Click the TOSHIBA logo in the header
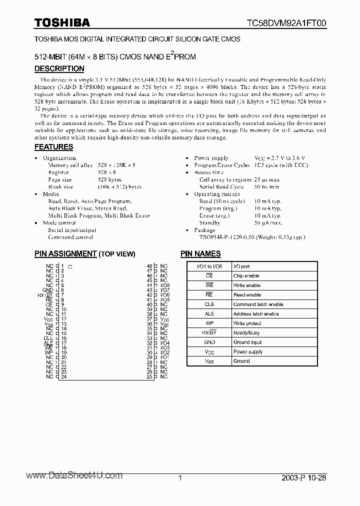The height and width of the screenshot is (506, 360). [62, 22]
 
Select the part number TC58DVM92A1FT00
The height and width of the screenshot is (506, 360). [286, 23]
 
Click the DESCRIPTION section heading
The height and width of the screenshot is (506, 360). [59, 68]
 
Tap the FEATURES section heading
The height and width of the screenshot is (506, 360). [53, 147]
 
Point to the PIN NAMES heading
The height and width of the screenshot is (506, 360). [200, 253]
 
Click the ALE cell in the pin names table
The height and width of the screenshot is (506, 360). [209, 314]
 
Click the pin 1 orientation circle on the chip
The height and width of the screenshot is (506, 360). [70, 267]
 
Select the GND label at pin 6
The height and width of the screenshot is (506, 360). [48, 290]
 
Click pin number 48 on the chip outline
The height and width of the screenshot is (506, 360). [149, 266]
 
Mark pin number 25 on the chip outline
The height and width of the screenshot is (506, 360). [149, 376]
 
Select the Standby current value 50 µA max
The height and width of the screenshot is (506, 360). [267, 223]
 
